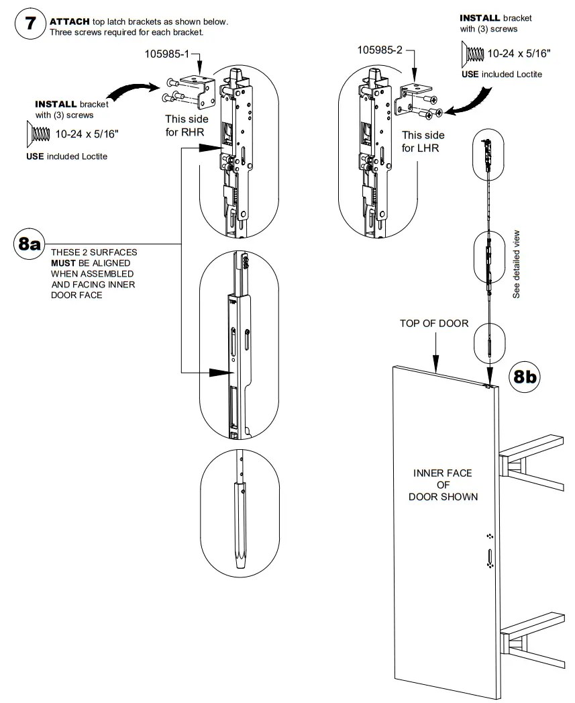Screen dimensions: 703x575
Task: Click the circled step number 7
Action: [29, 27]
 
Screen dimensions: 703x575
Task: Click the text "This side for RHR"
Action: [191, 126]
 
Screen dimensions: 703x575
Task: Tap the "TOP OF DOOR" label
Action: [434, 323]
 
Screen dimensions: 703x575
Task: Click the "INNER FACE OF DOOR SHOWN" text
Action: [443, 485]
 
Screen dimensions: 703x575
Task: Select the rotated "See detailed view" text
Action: [516, 265]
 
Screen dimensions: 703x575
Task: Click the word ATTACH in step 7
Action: [69, 22]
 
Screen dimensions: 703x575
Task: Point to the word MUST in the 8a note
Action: [64, 263]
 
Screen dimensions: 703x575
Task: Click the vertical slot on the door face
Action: [490, 556]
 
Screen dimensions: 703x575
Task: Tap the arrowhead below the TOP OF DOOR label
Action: [436, 366]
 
